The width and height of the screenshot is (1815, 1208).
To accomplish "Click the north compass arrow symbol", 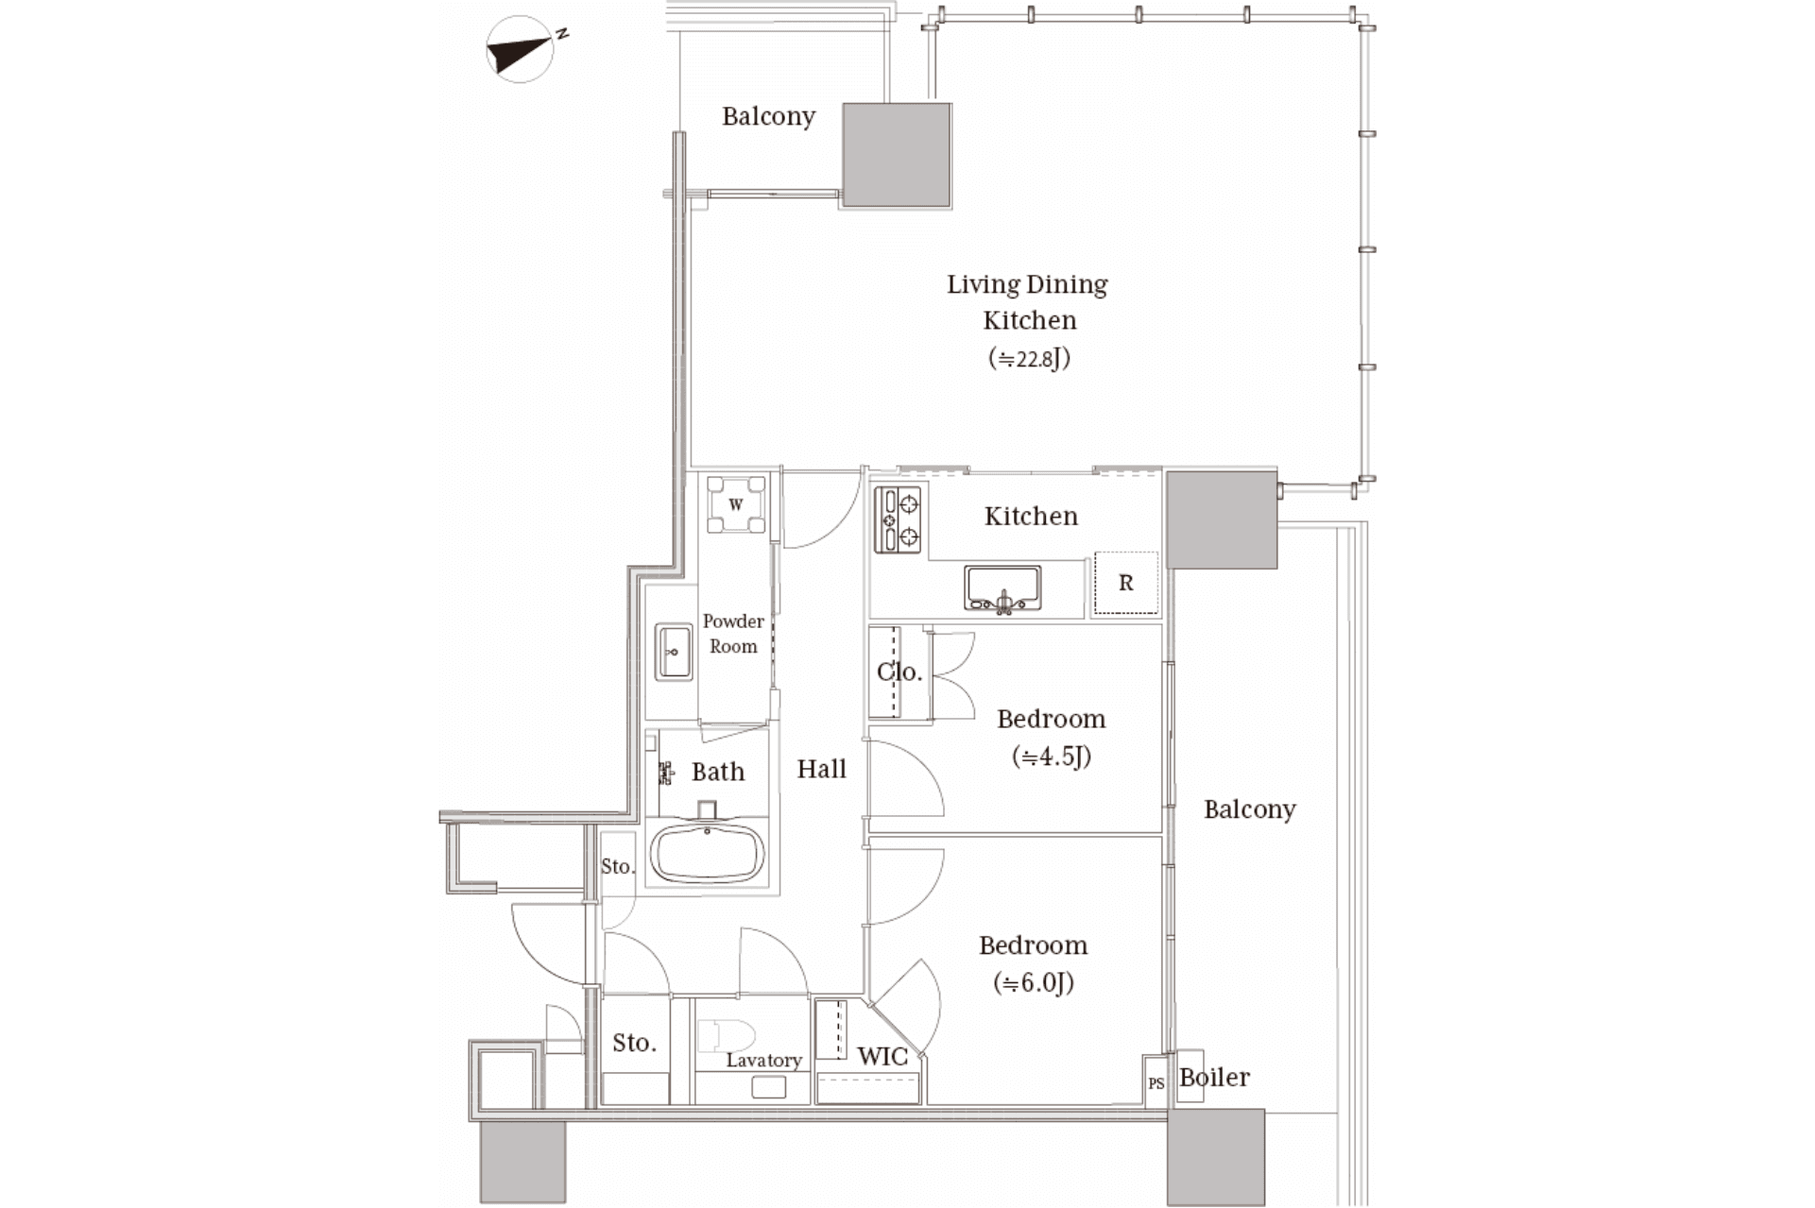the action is click(519, 50).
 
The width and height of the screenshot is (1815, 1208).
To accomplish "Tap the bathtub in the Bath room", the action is click(708, 853).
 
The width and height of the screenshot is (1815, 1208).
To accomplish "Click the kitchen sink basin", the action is click(1002, 588).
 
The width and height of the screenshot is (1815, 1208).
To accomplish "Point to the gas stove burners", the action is click(898, 519).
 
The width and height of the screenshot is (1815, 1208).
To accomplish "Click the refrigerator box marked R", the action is click(1125, 584).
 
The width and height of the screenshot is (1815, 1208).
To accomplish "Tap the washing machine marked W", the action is click(737, 503).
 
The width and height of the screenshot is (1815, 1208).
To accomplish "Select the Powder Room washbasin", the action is click(673, 653).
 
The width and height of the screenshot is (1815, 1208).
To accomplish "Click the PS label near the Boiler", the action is click(1156, 1083).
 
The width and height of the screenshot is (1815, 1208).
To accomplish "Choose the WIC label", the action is click(882, 1056).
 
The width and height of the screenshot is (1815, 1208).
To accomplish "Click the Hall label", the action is click(821, 769).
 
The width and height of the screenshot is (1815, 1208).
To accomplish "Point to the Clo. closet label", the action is click(899, 672).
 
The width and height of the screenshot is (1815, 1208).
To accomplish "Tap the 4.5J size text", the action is click(1052, 756).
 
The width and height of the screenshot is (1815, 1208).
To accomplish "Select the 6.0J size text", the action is click(1034, 982).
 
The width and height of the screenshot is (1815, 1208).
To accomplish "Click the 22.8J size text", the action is click(1029, 358).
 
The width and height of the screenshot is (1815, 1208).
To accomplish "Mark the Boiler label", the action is click(1214, 1077).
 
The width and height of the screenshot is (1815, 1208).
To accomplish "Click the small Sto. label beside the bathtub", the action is click(618, 866).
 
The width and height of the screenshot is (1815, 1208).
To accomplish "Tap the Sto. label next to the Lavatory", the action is click(634, 1043).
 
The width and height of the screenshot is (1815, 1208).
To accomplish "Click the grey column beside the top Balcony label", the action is click(897, 155).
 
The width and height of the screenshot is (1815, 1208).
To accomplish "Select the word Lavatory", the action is click(763, 1061).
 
